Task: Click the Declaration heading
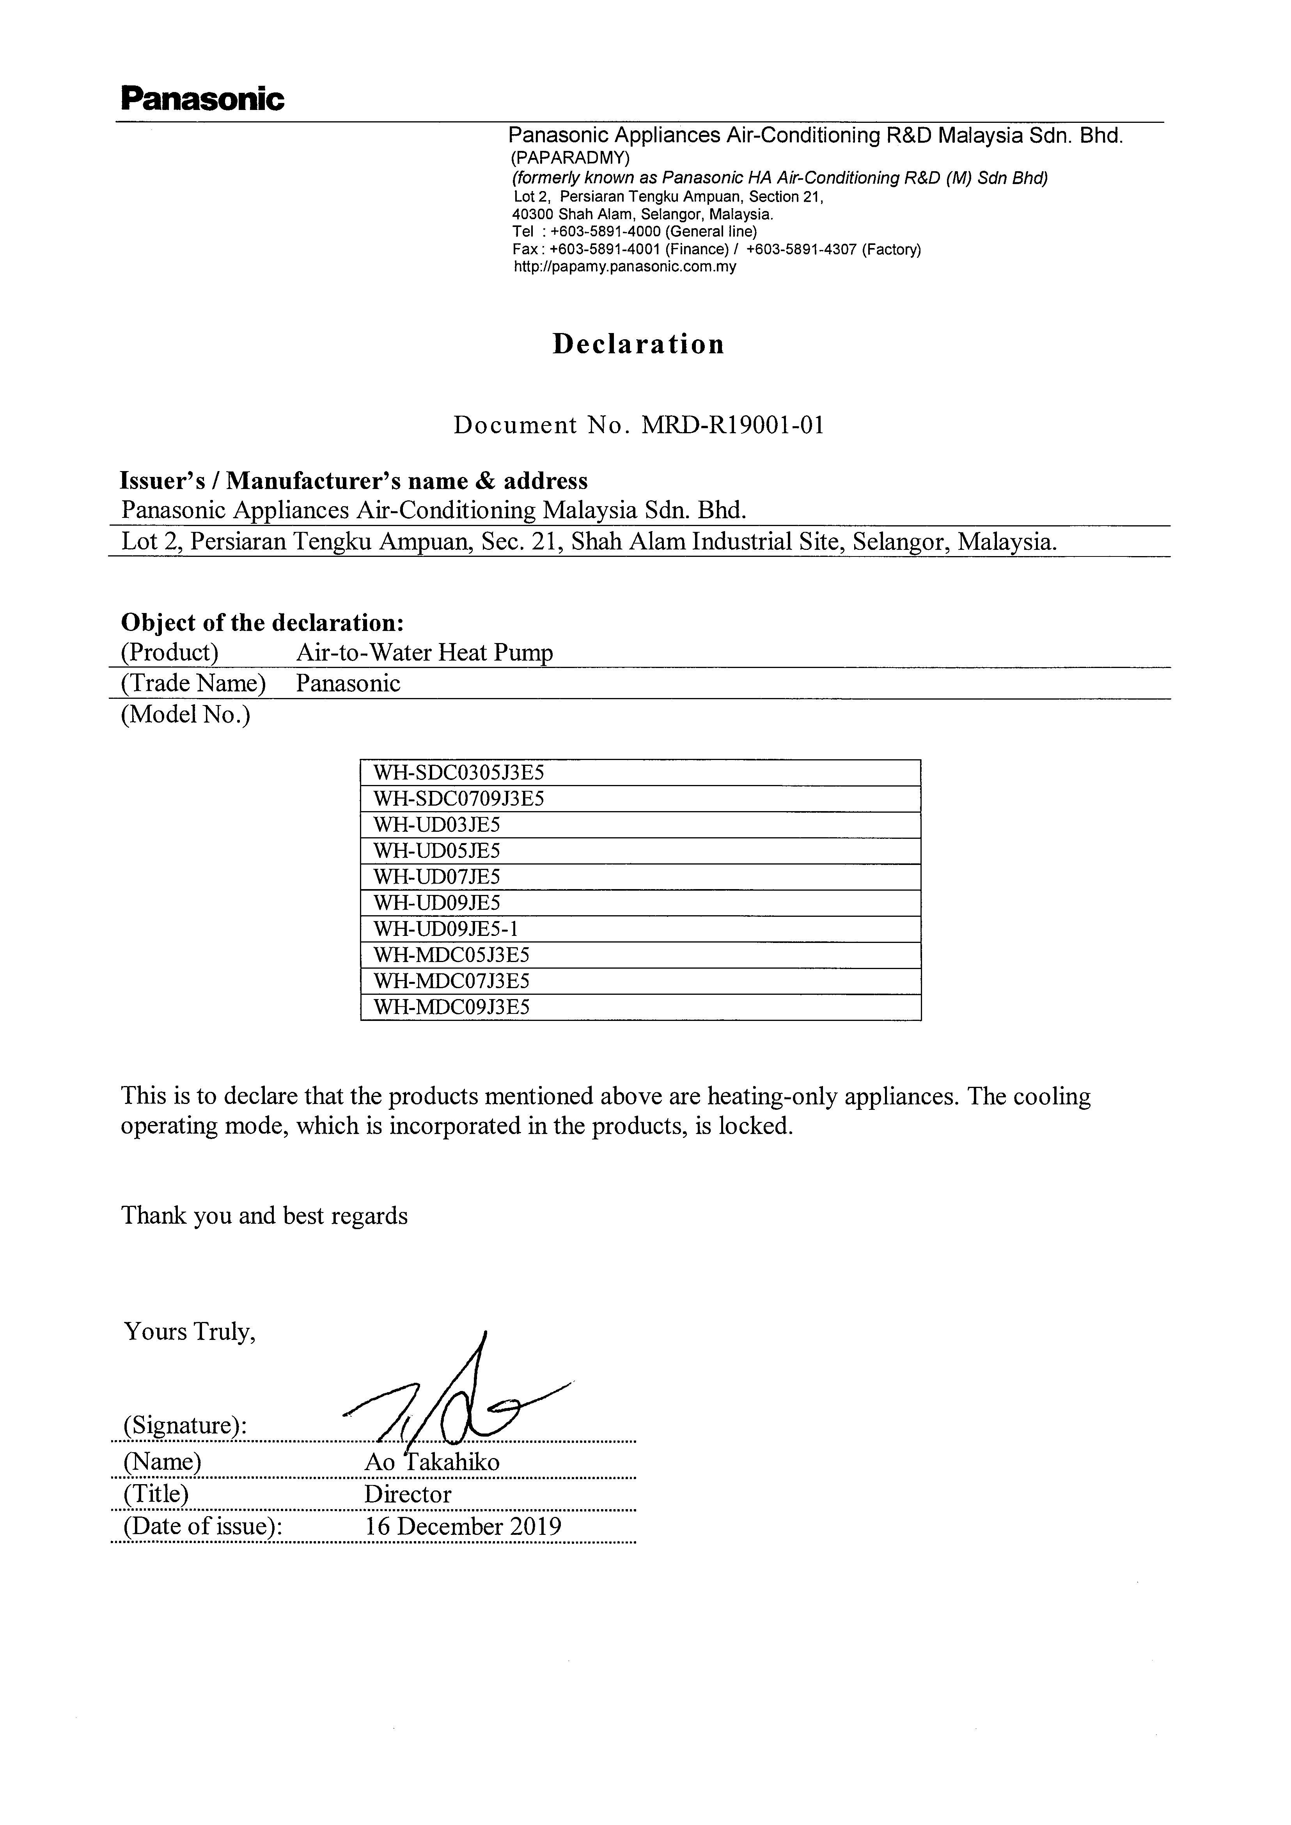tap(638, 344)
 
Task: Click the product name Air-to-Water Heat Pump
tap(424, 654)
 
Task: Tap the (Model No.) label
tap(185, 715)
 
